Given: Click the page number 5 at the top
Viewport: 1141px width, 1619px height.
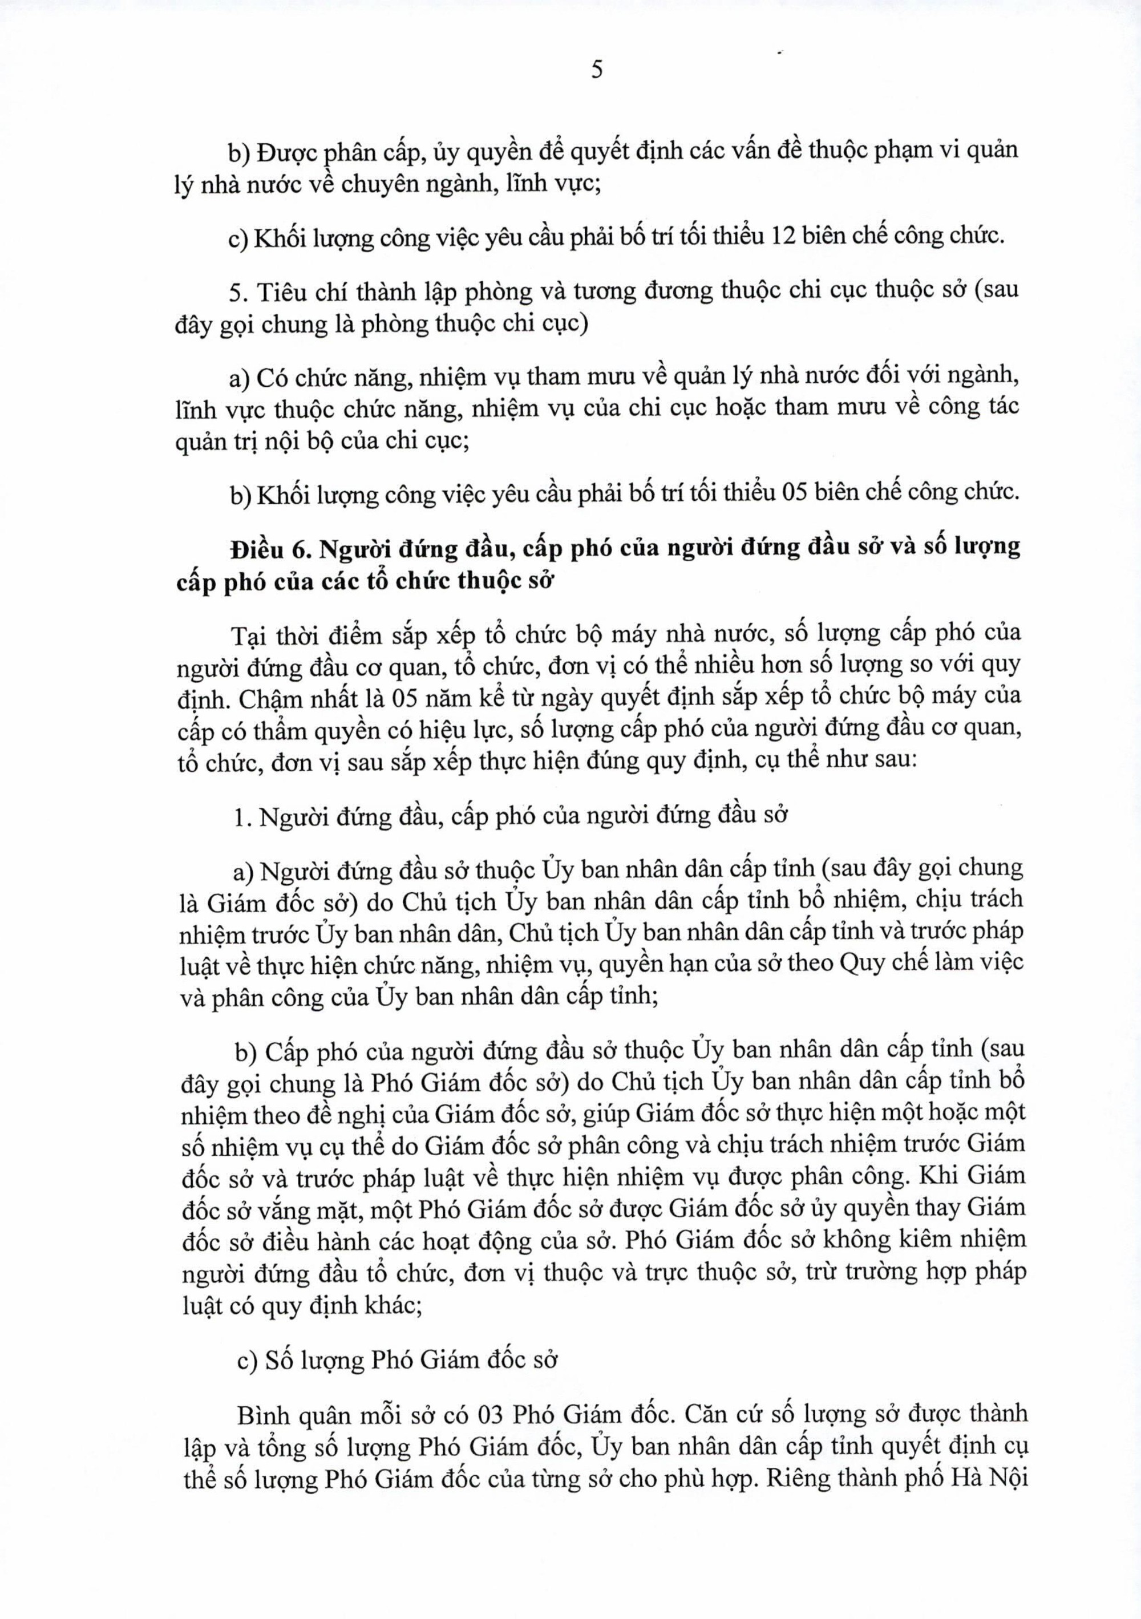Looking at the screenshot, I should point(597,71).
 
